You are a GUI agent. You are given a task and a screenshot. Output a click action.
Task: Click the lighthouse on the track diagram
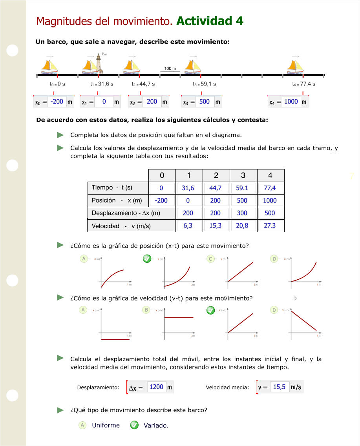[99, 64]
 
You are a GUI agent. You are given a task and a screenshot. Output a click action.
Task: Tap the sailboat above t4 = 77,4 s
[296, 66]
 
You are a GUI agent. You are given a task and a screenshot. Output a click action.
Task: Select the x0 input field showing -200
[57, 102]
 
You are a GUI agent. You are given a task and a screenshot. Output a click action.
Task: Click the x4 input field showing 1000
[291, 102]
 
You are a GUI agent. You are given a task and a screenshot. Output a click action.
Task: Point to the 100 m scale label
[170, 69]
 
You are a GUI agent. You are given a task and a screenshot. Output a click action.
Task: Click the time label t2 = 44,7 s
[143, 84]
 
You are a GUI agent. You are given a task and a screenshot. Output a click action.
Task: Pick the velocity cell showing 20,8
[242, 226]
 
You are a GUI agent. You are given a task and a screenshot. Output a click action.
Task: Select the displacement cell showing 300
[242, 213]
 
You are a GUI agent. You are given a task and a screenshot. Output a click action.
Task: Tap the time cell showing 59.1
[242, 188]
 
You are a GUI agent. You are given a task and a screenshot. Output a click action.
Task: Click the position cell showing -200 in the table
[161, 200]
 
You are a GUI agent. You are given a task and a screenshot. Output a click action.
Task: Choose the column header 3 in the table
[243, 175]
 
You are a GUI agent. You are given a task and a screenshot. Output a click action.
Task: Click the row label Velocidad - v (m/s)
[121, 226]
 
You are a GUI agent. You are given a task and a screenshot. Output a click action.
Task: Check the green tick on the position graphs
[146, 259]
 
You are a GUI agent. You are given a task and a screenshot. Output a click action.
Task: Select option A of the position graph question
[83, 259]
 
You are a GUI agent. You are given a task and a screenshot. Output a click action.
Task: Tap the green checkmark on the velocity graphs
[210, 310]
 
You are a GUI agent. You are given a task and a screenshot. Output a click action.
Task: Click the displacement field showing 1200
[156, 387]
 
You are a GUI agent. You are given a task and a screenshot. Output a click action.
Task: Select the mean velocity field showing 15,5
[279, 387]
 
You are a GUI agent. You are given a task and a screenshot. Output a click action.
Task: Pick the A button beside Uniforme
[82, 425]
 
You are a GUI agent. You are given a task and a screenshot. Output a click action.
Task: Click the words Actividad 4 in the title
[210, 21]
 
